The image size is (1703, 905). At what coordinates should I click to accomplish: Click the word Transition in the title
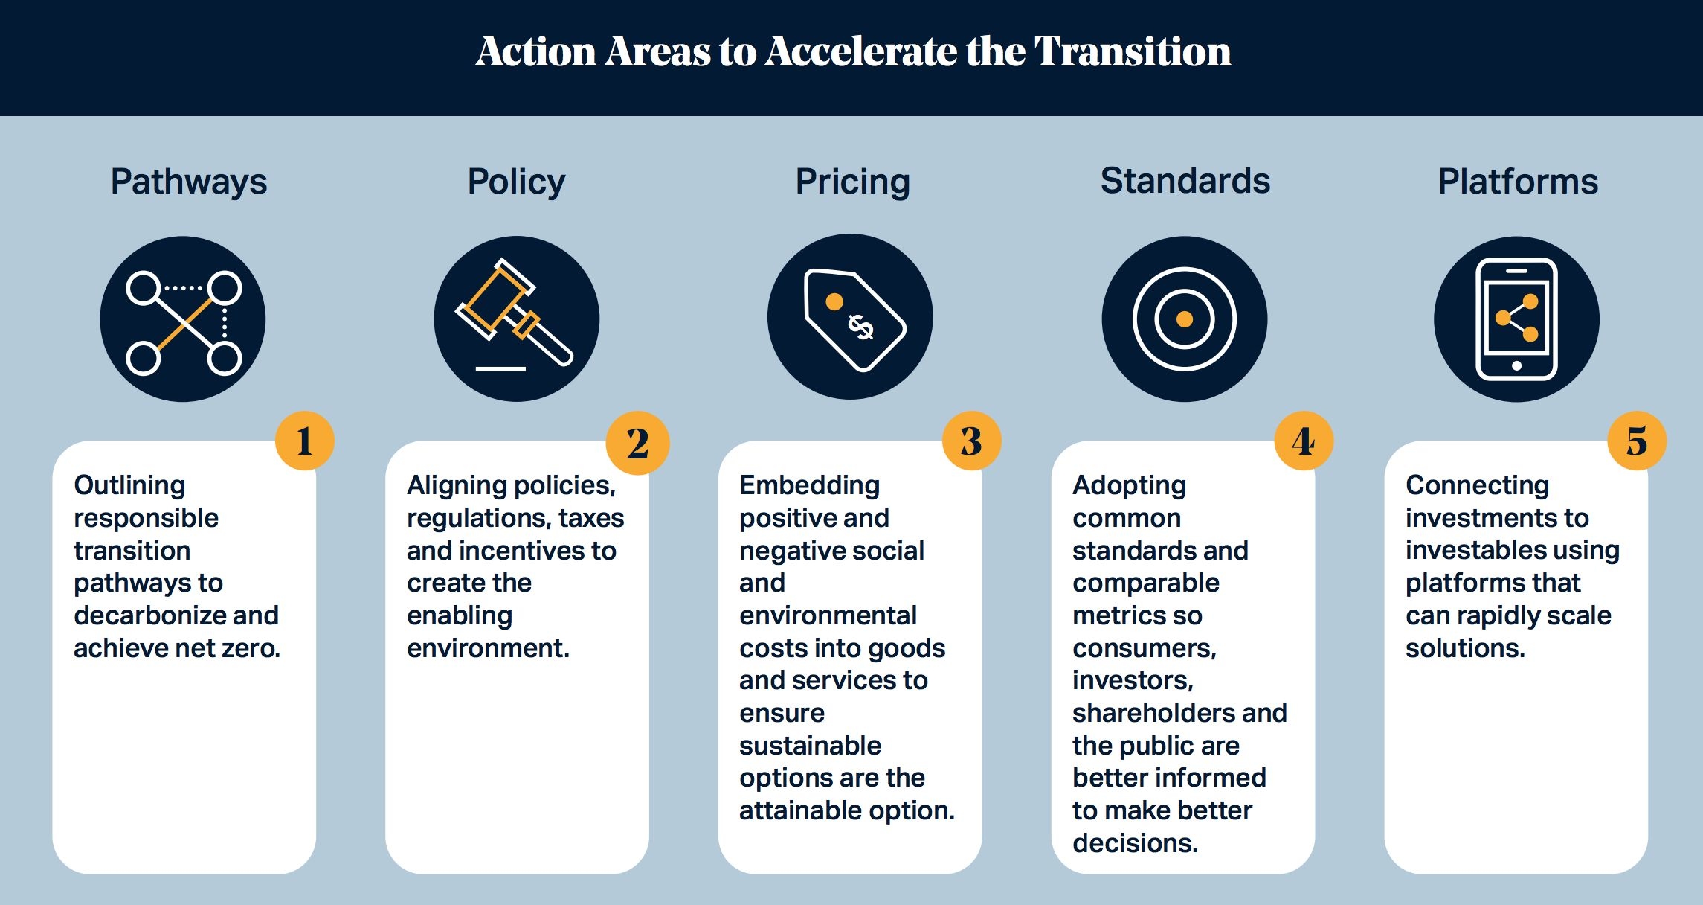(1133, 51)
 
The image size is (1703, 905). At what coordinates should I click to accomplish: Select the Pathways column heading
(189, 182)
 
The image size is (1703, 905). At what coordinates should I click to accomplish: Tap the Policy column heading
(516, 182)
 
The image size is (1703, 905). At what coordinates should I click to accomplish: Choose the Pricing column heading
(852, 182)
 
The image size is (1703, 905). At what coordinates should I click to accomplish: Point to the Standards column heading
(1185, 181)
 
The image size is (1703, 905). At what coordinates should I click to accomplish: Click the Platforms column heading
(1518, 182)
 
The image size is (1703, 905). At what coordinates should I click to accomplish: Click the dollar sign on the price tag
(861, 327)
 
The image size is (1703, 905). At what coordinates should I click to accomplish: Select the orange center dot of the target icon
(1185, 319)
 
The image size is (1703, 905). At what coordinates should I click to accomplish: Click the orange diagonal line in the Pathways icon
(185, 324)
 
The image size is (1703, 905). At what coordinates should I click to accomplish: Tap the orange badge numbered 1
(304, 441)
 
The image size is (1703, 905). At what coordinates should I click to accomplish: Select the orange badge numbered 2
(637, 443)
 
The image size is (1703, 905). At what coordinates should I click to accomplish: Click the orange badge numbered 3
(971, 441)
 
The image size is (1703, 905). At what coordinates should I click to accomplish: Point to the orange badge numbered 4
(1304, 441)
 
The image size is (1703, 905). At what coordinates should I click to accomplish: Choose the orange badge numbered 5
(1637, 441)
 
